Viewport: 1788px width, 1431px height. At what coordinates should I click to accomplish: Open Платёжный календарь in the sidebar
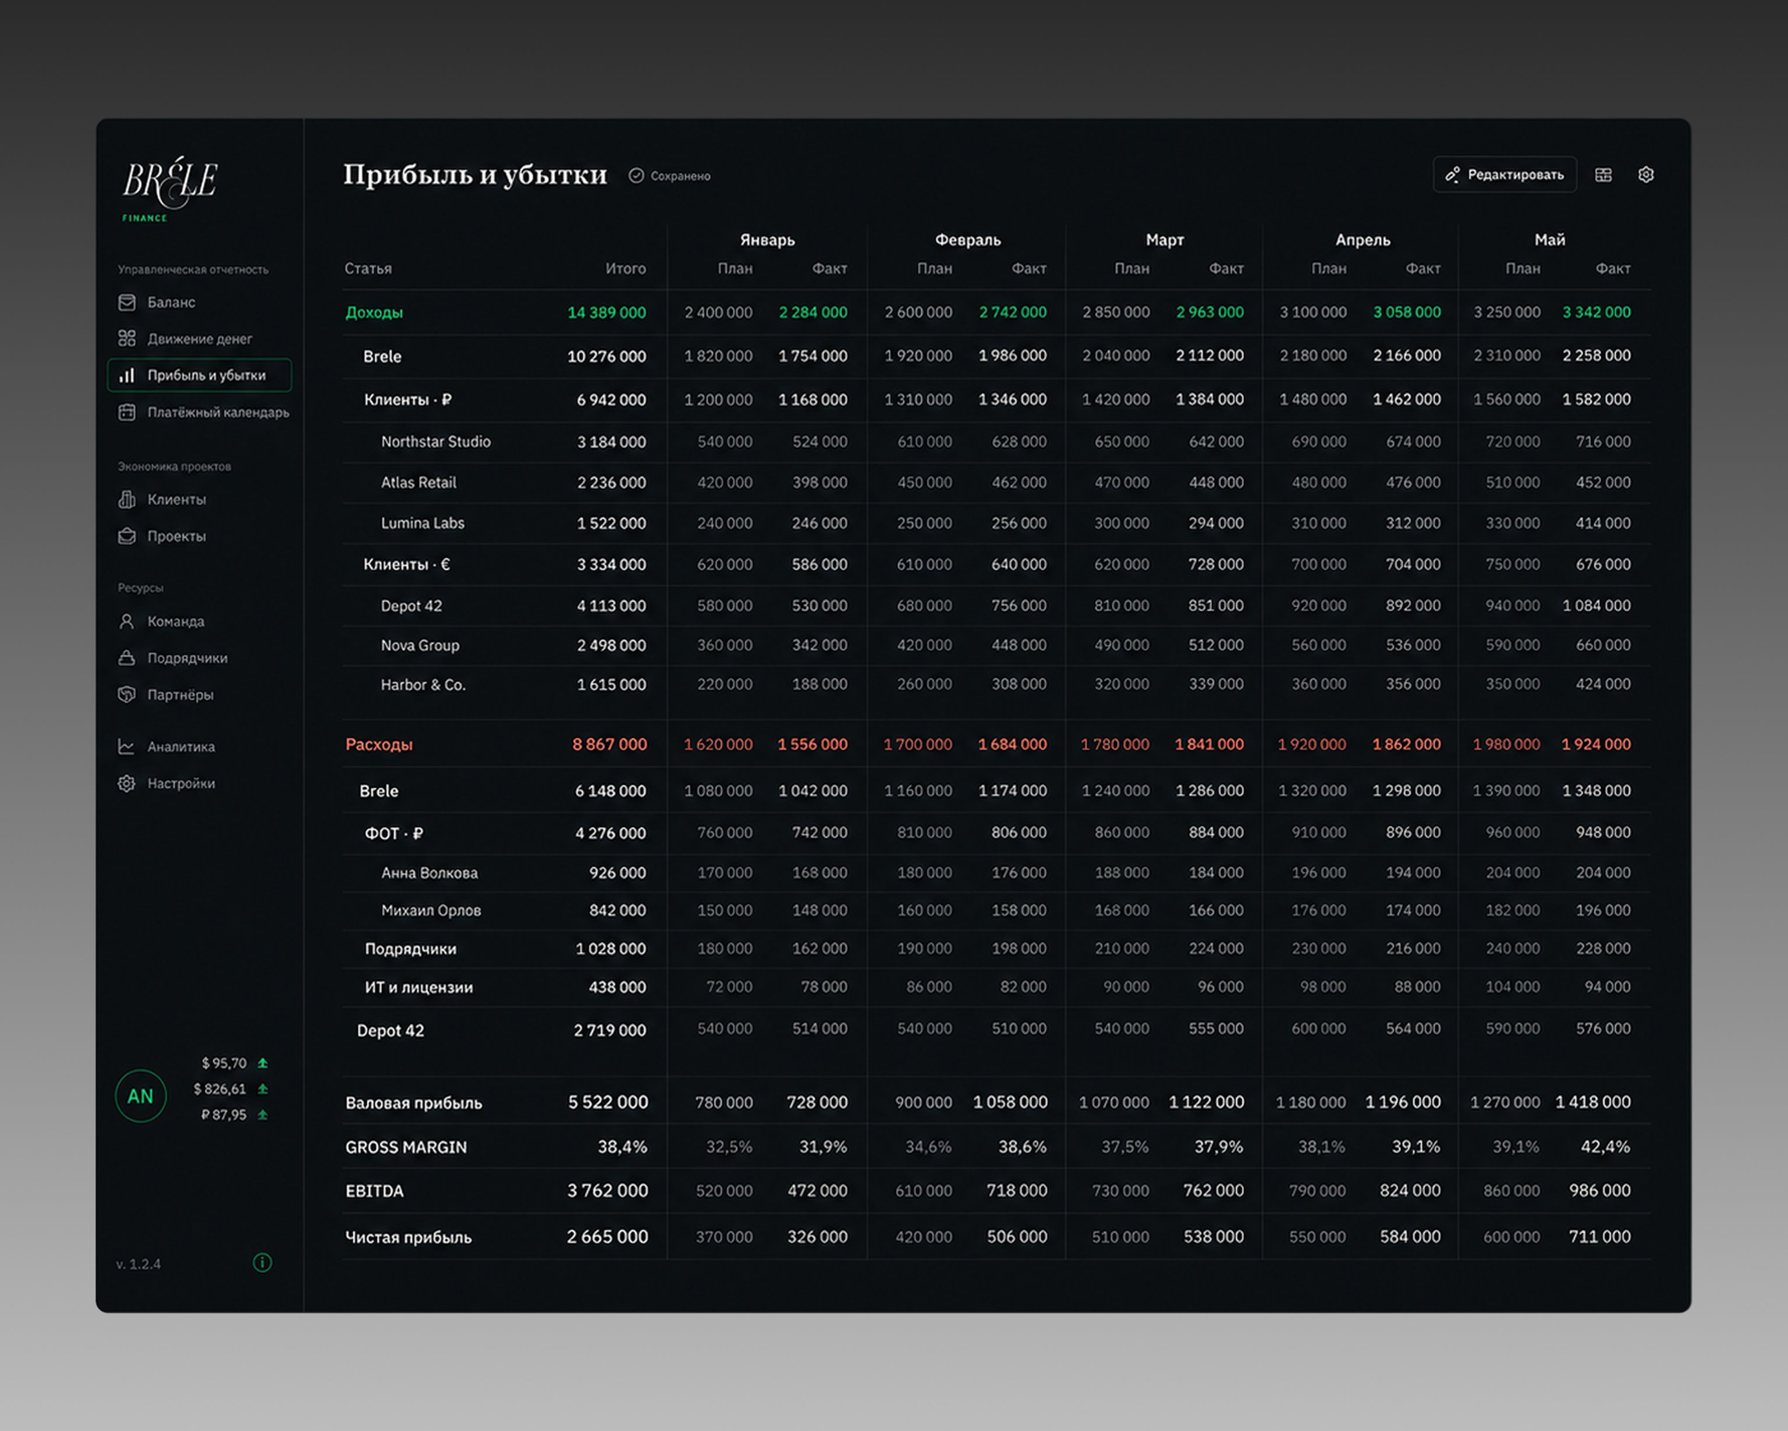pyautogui.click(x=204, y=412)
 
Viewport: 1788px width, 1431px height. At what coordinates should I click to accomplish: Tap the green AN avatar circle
pyautogui.click(x=140, y=1096)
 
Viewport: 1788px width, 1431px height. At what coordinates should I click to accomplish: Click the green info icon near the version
pyautogui.click(x=262, y=1263)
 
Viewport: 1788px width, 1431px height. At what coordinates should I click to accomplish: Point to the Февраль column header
pyautogui.click(x=968, y=240)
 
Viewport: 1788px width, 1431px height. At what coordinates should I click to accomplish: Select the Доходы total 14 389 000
pyautogui.click(x=606, y=312)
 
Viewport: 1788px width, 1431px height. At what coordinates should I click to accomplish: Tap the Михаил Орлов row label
pyautogui.click(x=431, y=910)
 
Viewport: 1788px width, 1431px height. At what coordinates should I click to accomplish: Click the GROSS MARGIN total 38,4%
pyautogui.click(x=622, y=1147)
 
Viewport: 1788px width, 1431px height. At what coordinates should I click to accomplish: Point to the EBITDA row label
pyautogui.click(x=374, y=1191)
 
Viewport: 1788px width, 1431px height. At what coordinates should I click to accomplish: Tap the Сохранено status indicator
pyautogui.click(x=669, y=176)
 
